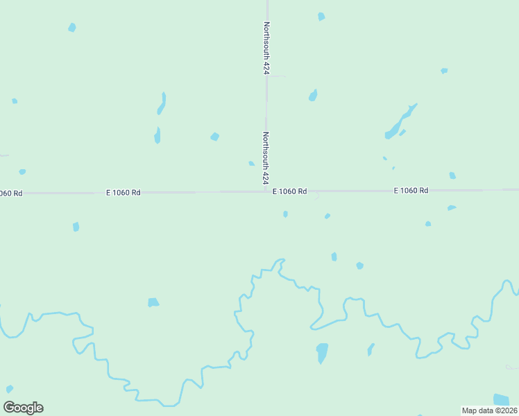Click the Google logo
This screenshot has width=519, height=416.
click(24, 408)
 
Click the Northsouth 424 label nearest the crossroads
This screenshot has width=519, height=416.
click(266, 158)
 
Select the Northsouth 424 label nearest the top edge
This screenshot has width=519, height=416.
click(266, 48)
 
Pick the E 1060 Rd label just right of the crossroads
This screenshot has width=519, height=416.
click(289, 191)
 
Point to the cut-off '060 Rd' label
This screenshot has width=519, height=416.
click(11, 193)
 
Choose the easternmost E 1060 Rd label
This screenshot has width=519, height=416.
click(411, 190)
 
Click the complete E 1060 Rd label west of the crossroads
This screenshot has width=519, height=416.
click(124, 192)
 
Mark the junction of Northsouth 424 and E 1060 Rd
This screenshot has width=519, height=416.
click(266, 191)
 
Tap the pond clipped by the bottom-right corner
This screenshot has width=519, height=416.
click(501, 399)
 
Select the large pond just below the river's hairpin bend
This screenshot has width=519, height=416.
click(322, 352)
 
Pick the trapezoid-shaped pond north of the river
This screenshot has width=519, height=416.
click(153, 302)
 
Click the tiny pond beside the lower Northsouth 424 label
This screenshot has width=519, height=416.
click(251, 164)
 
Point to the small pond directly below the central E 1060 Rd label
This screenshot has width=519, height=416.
click(285, 214)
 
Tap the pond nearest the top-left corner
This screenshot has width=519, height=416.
click(71, 28)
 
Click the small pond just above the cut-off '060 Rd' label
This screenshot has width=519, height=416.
click(22, 171)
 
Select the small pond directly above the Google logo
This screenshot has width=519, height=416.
click(10, 389)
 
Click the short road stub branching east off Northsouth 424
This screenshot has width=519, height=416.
click(276, 76)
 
